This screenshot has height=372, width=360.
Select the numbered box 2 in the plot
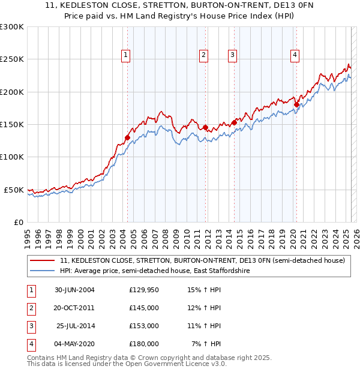click(204, 55)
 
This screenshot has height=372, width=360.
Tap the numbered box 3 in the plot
click(232, 55)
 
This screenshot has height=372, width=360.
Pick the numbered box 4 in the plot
click(295, 55)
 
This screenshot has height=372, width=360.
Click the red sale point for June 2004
click(127, 137)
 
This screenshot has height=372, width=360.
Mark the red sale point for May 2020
click(296, 104)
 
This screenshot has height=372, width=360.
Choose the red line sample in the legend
click(42, 261)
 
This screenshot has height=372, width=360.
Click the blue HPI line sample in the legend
click(42, 271)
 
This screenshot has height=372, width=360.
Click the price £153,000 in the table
click(144, 326)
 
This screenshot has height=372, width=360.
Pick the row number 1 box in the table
click(31, 290)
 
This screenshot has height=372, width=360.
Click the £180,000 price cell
click(144, 344)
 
